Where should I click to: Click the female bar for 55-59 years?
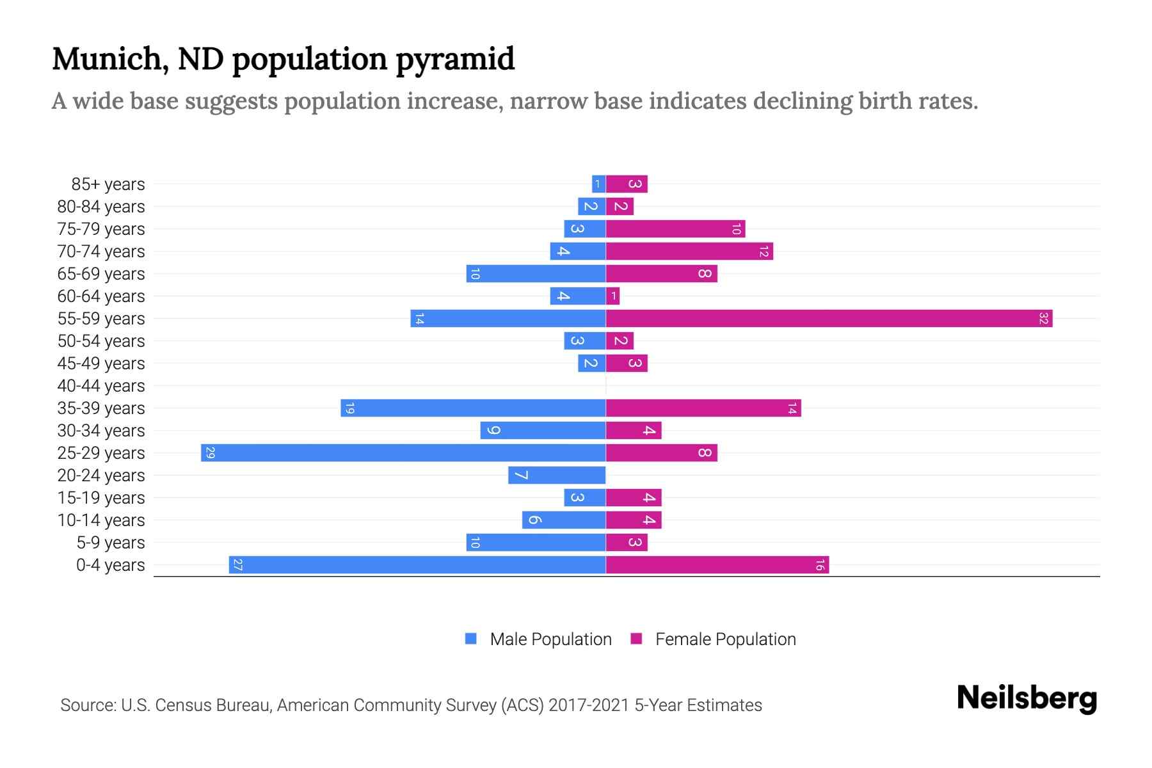coord(829,319)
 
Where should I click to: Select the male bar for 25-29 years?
coord(403,453)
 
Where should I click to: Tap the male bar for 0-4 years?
coord(417,565)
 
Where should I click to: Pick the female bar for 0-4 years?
coord(717,565)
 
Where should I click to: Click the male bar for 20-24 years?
coord(557,476)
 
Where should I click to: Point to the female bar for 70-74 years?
coord(689,252)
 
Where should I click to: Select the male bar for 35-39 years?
coord(474,408)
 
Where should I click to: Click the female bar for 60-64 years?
coord(612,296)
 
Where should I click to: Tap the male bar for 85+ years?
coord(598,184)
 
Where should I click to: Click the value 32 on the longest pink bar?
coord(1043,319)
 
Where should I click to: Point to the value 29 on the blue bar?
coord(210,453)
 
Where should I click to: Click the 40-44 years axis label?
coord(101,386)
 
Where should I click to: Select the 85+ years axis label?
coord(108,184)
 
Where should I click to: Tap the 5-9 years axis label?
coord(111,543)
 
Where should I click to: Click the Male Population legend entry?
coord(550,639)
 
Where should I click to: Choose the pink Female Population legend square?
coord(636,639)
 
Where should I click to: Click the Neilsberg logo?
coord(1027,698)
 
